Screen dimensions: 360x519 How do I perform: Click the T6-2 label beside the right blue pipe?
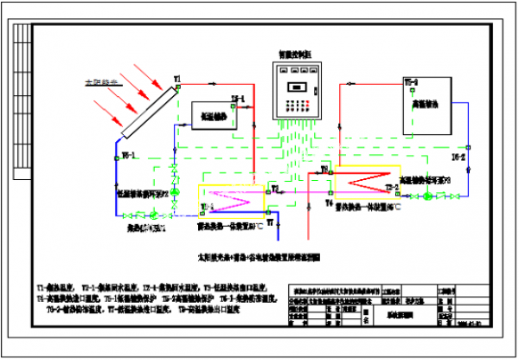click(x=459, y=159)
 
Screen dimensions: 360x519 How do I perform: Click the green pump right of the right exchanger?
click(x=427, y=196)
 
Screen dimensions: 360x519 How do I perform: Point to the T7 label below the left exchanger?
click(x=270, y=223)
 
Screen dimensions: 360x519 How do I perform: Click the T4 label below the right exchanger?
click(x=329, y=203)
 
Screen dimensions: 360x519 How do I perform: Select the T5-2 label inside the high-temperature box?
click(x=412, y=83)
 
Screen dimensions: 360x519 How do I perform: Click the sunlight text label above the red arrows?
click(x=100, y=84)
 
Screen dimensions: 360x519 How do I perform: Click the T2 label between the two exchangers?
click(x=275, y=188)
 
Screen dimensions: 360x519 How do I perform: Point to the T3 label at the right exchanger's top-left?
click(x=325, y=170)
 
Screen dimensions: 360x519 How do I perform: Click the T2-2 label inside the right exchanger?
click(x=389, y=187)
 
